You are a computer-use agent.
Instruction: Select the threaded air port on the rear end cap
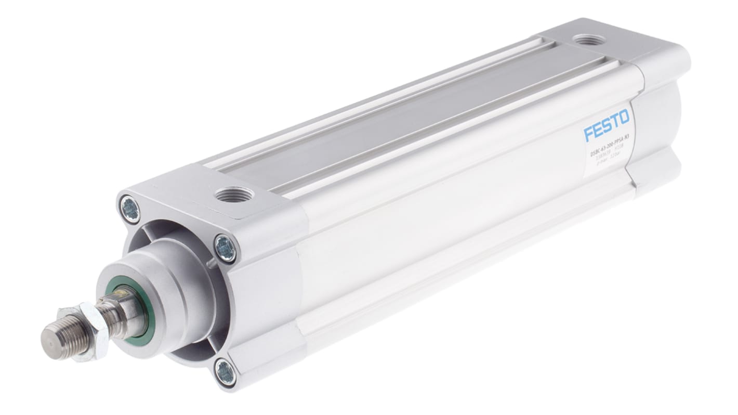[x=588, y=40]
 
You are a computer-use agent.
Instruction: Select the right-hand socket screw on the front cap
[x=226, y=248]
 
